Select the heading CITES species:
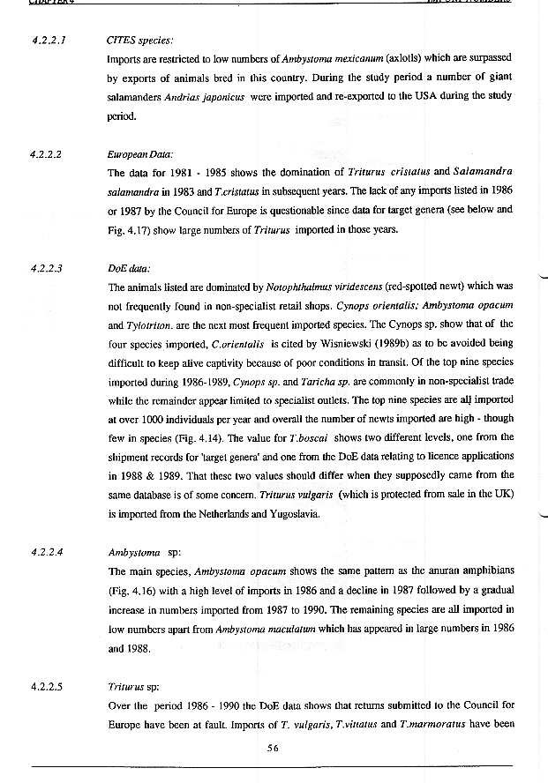(x=139, y=40)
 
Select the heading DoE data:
(x=129, y=267)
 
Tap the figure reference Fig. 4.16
(x=131, y=591)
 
